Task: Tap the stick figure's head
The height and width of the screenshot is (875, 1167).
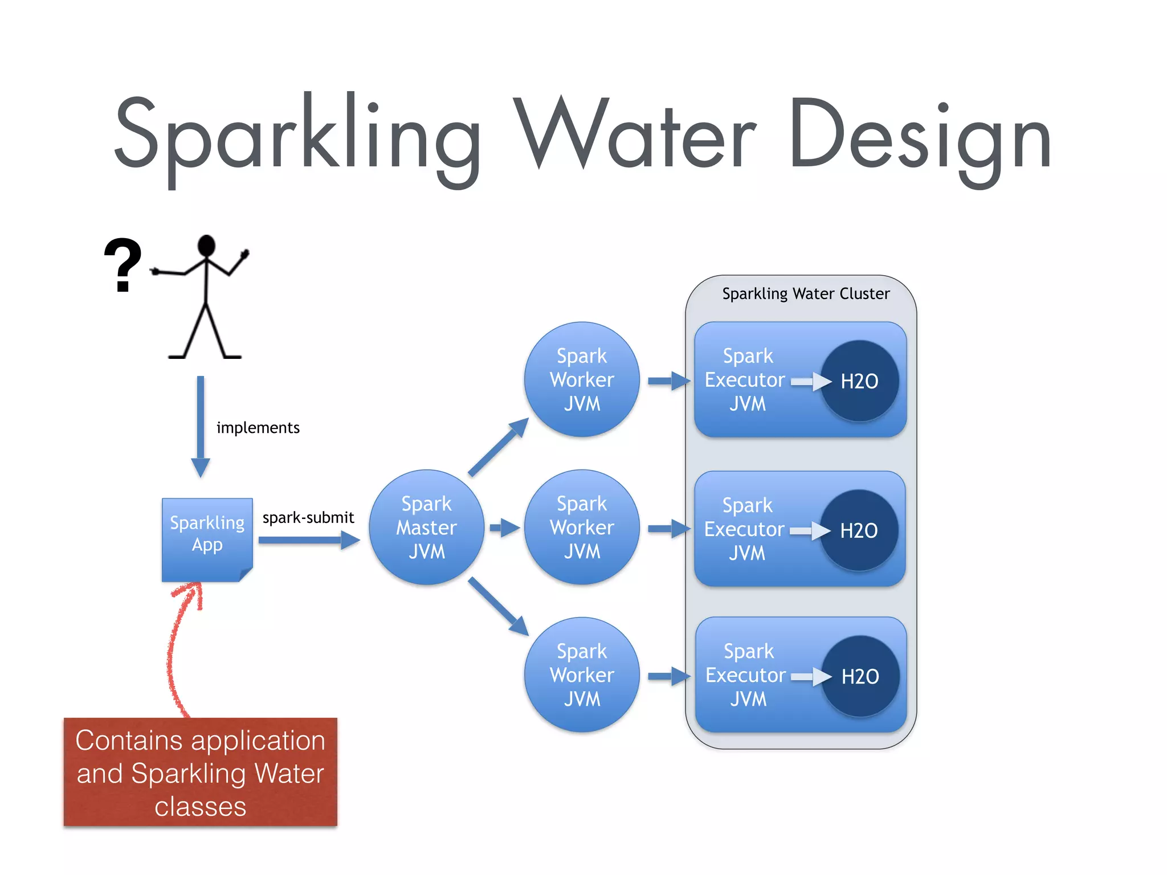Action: coord(206,246)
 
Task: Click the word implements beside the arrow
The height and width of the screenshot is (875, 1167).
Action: coord(258,428)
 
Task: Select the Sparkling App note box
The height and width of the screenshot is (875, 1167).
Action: coord(207,538)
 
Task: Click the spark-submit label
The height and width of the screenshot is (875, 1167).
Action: coord(308,517)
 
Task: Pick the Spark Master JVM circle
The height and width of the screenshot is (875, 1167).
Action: coord(426,528)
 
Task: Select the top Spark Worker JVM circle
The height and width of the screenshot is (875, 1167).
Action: coord(581,379)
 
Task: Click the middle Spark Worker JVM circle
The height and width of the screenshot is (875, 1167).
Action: coord(581,528)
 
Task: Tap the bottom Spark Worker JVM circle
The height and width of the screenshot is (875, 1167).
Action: coord(581,675)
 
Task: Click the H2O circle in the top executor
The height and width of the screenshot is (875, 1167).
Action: coord(859,381)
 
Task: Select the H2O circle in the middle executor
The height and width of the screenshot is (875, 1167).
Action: coord(859,530)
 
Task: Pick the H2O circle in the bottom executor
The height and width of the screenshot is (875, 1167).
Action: coord(860,676)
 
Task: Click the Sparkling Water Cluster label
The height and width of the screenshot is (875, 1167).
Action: coord(805,294)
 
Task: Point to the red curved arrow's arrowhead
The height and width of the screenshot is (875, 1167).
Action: coord(192,592)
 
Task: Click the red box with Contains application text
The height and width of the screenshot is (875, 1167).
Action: coord(200,772)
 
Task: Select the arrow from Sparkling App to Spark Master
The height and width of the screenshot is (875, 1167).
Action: coord(308,539)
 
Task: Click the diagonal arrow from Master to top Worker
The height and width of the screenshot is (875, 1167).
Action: coord(497,448)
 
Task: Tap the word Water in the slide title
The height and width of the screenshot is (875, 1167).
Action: coord(635,137)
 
